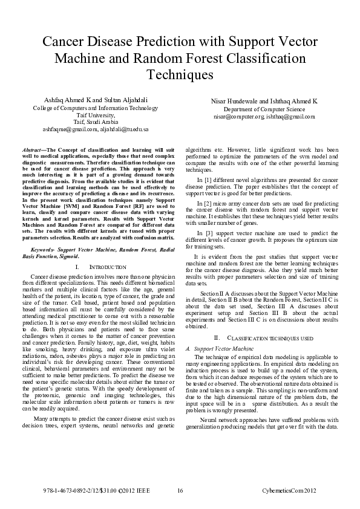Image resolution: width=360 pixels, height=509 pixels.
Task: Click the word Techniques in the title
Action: [180, 75]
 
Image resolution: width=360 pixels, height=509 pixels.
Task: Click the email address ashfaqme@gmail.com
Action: [66, 129]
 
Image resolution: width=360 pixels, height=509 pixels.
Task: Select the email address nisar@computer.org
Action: [238, 116]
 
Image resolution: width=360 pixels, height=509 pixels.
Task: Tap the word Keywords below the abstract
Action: [44, 249]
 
